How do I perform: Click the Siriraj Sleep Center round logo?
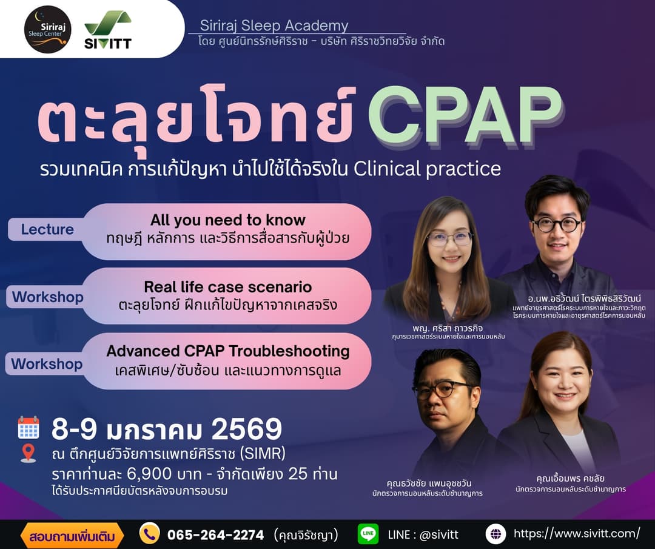48,29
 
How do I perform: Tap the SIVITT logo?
108,29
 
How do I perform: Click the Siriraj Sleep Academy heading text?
269,25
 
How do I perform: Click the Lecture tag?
47,229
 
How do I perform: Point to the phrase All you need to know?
227,220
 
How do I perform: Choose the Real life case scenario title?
227,286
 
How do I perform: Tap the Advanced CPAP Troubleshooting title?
227,351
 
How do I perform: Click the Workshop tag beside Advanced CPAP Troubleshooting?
47,364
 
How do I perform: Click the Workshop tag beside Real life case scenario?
47,297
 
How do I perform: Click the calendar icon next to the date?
29,428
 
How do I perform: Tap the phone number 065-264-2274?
215,534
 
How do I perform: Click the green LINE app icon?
368,534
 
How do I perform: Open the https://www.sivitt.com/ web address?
576,533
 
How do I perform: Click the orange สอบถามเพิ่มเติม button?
72,535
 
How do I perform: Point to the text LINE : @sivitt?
423,534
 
